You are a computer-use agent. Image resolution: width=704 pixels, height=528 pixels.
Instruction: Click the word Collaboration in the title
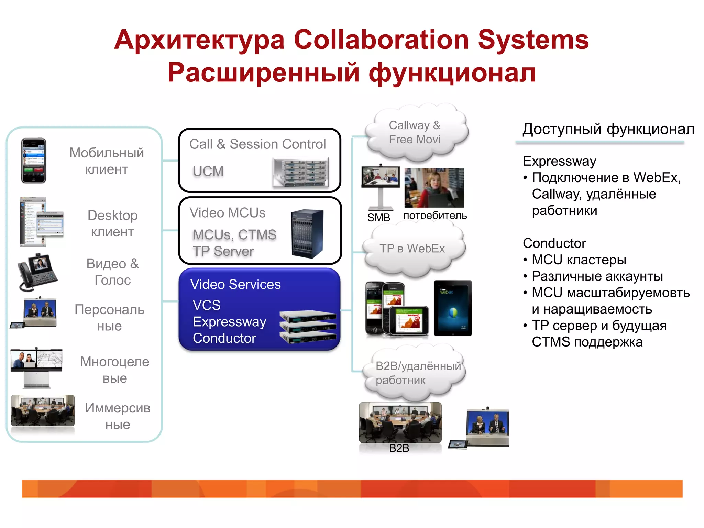pos(381,40)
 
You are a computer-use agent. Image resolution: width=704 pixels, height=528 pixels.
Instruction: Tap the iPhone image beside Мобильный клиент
pos(33,161)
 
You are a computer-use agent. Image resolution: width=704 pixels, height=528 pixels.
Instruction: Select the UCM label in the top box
pos(208,171)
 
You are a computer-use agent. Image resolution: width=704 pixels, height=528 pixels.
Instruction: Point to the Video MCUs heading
pos(227,213)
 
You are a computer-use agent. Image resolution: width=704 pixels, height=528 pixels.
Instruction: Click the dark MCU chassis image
pos(307,233)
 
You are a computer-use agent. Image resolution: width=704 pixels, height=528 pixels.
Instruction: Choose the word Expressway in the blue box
pos(229,322)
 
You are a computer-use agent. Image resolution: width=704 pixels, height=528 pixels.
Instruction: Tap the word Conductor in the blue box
pos(224,338)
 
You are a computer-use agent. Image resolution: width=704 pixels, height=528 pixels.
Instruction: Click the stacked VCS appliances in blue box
pos(308,327)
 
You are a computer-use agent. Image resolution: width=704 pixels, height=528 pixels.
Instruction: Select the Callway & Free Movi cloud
pos(415,132)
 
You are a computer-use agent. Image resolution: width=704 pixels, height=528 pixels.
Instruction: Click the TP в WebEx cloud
pos(412,249)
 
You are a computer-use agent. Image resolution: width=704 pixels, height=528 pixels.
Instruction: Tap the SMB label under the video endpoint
pos(378,217)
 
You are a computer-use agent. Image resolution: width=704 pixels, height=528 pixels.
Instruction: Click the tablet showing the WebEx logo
pos(453,308)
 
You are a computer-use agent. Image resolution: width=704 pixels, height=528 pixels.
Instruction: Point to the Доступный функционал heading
pos(608,129)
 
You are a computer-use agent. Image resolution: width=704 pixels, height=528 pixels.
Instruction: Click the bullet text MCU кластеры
pos(579,260)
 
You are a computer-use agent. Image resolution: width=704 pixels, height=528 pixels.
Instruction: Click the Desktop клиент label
pos(112,223)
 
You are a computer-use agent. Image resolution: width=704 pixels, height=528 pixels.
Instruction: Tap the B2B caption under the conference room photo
pos(399,448)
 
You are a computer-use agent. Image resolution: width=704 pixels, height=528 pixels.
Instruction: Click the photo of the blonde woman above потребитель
pos(434,188)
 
